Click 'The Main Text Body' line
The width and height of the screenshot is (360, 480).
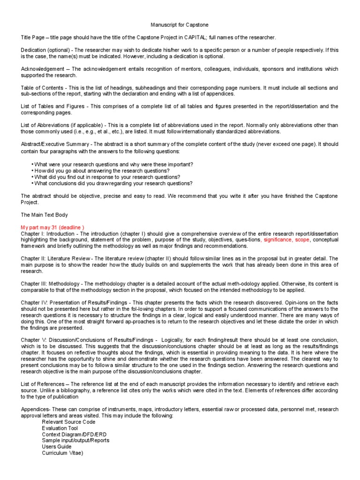[45, 215]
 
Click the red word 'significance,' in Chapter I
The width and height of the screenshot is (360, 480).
[280, 240]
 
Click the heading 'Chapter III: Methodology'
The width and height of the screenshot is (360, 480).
[50, 283]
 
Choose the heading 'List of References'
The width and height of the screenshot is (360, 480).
[42, 383]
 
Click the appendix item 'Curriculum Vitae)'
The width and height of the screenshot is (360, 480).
[62, 453]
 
